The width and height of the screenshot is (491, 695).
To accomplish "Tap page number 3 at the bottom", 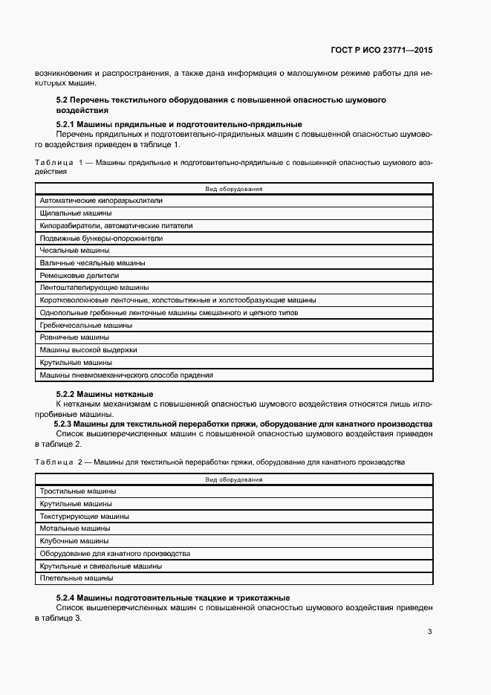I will click(x=429, y=632).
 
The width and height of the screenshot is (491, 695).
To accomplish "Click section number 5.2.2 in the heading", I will click(x=68, y=393).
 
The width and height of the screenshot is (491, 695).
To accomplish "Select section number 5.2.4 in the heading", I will click(x=68, y=598).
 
